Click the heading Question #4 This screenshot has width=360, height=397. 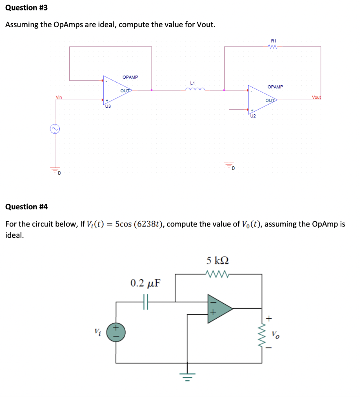[x=26, y=207]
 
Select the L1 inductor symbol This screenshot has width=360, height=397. [x=193, y=89]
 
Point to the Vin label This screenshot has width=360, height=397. [x=59, y=97]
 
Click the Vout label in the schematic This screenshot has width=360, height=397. [x=316, y=97]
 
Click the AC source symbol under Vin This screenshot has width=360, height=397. [x=55, y=129]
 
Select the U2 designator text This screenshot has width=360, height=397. [x=253, y=115]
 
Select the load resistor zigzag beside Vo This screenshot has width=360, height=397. [x=262, y=333]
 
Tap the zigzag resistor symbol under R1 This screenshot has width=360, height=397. [x=273, y=47]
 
